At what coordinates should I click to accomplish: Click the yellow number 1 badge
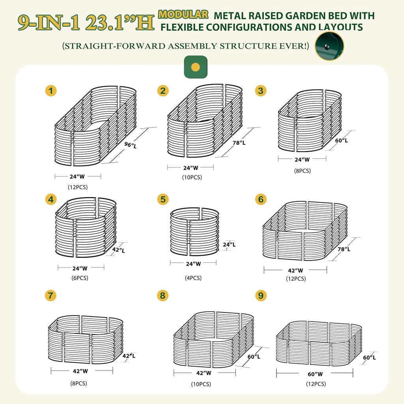coord(50,91)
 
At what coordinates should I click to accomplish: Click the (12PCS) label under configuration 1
coord(77,187)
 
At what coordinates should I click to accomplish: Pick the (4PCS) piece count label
coord(193,278)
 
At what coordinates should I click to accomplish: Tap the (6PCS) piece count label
coord(80,278)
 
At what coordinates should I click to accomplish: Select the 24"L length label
coord(229,245)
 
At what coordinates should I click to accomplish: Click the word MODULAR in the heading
coord(183,15)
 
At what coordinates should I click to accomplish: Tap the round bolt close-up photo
coord(329,46)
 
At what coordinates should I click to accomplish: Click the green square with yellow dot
coord(196,67)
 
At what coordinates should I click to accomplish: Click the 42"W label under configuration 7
coord(81,371)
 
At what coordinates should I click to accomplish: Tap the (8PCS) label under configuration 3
coord(302,171)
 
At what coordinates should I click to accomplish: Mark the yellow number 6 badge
coord(261,199)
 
